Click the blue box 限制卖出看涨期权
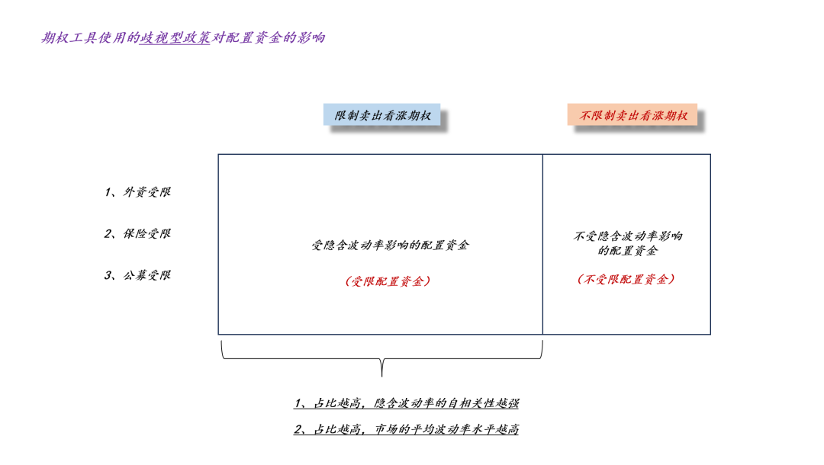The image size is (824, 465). point(382,116)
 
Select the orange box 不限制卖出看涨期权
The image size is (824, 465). point(632,116)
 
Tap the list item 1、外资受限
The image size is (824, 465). point(138,192)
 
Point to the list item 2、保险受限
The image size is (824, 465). point(138,233)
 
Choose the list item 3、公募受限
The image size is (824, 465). point(138,275)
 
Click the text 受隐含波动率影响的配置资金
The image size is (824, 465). point(390,245)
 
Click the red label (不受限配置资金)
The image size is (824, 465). point(626,280)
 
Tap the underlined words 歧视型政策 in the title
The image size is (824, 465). point(175,37)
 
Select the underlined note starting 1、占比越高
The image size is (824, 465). point(407,403)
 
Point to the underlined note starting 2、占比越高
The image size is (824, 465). point(407,430)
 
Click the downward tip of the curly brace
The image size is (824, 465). point(381,374)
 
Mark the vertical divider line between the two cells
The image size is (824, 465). point(542,244)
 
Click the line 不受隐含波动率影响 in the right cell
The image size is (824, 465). point(628,236)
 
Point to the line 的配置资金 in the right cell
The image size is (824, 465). point(628,251)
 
